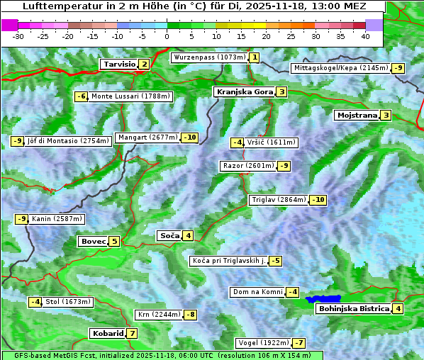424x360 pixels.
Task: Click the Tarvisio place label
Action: click(x=119, y=64)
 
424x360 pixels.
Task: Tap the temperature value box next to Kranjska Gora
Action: click(x=281, y=91)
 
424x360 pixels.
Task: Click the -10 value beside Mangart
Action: click(x=189, y=137)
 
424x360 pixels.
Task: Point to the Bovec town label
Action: click(x=93, y=241)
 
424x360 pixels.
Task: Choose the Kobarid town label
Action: click(x=108, y=333)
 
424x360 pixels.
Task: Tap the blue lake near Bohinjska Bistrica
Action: click(x=323, y=299)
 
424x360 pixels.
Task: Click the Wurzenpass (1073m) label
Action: click(x=209, y=57)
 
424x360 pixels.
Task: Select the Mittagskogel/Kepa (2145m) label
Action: click(x=340, y=68)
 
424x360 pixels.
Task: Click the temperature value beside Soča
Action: click(x=187, y=235)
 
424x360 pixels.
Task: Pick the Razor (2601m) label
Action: click(x=247, y=166)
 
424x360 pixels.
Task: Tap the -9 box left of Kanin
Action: click(x=21, y=219)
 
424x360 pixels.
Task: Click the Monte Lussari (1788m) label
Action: click(x=130, y=96)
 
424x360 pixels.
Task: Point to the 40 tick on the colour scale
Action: click(x=365, y=35)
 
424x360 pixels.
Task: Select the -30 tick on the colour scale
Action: click(x=18, y=35)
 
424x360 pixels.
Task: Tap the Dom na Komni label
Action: click(x=257, y=292)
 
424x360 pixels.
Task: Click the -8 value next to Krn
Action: click(x=191, y=315)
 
